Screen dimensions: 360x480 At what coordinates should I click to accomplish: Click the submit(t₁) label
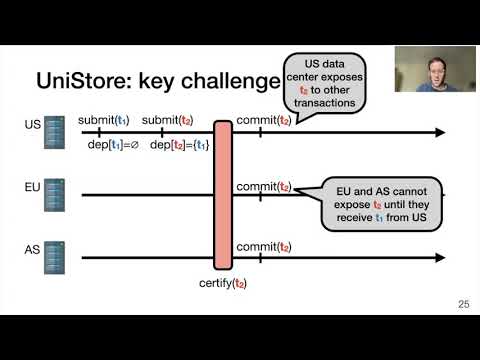point(103,121)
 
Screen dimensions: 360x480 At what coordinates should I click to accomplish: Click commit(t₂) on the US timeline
point(264,121)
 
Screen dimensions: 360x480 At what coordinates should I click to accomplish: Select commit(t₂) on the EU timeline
point(264,186)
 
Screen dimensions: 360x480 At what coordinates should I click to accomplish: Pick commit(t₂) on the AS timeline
point(264,247)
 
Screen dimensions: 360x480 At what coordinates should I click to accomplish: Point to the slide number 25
point(462,304)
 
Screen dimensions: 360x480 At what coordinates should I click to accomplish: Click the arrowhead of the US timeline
point(439,132)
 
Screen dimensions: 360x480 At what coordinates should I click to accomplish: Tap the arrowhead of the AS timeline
point(439,258)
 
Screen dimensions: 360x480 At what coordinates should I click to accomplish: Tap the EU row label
point(32,187)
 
